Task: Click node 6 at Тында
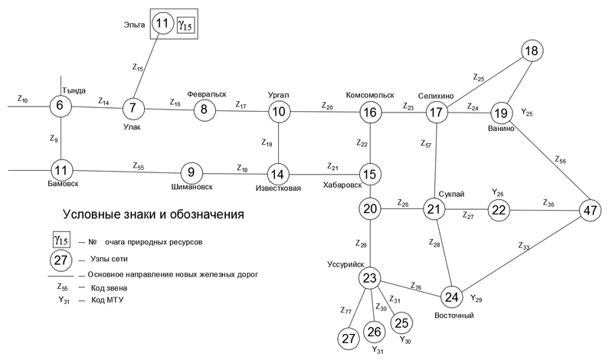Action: [x=61, y=106]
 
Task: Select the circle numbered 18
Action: [x=532, y=51]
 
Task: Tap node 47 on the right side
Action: [x=589, y=210]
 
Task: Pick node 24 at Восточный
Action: [x=453, y=296]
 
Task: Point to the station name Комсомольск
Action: [x=371, y=95]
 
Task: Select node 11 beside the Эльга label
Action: [x=162, y=24]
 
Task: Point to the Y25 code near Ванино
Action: [x=528, y=113]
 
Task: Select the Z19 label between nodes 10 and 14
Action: [x=267, y=142]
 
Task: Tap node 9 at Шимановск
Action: [x=192, y=172]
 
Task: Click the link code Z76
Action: [x=416, y=287]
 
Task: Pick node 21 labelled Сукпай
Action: [x=436, y=210]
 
